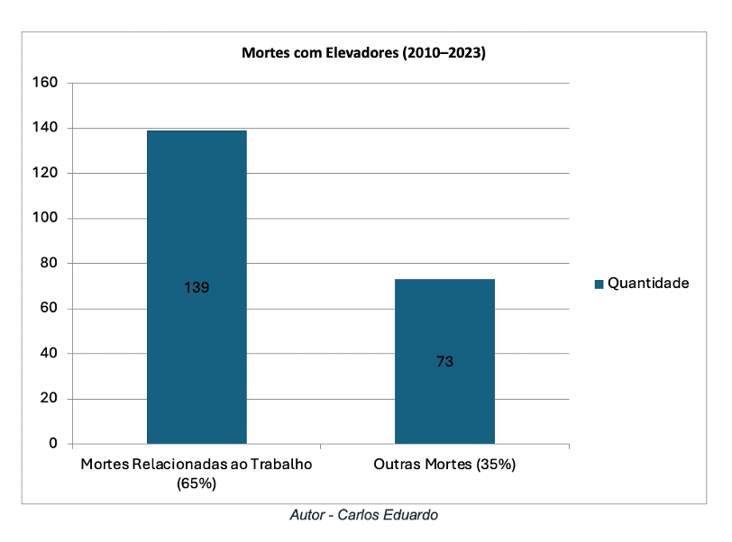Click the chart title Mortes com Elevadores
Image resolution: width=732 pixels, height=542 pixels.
[x=363, y=53]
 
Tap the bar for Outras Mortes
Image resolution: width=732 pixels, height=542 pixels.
[x=444, y=315]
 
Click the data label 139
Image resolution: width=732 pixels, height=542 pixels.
[x=197, y=288]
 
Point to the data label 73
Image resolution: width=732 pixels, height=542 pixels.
[x=444, y=362]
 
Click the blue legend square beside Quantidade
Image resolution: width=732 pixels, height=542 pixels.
[x=599, y=284]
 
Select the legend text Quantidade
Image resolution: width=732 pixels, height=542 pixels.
[x=648, y=283]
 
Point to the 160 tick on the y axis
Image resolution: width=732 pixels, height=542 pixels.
[x=45, y=83]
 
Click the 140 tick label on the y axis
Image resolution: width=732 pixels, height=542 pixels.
[x=45, y=128]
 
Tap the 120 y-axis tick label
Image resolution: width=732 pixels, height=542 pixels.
[x=45, y=173]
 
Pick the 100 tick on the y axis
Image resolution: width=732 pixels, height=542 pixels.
[x=45, y=218]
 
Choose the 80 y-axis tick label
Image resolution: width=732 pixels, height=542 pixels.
[x=49, y=263]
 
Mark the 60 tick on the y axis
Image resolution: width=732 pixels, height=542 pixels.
[x=49, y=309]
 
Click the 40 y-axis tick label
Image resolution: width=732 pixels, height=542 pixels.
[x=49, y=354]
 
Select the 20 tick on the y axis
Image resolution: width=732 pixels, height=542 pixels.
[x=49, y=399]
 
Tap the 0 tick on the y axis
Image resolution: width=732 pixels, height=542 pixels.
[x=53, y=444]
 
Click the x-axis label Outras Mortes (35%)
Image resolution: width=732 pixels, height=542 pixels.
[x=444, y=465]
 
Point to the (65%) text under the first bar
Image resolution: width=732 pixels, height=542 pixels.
[x=197, y=483]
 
